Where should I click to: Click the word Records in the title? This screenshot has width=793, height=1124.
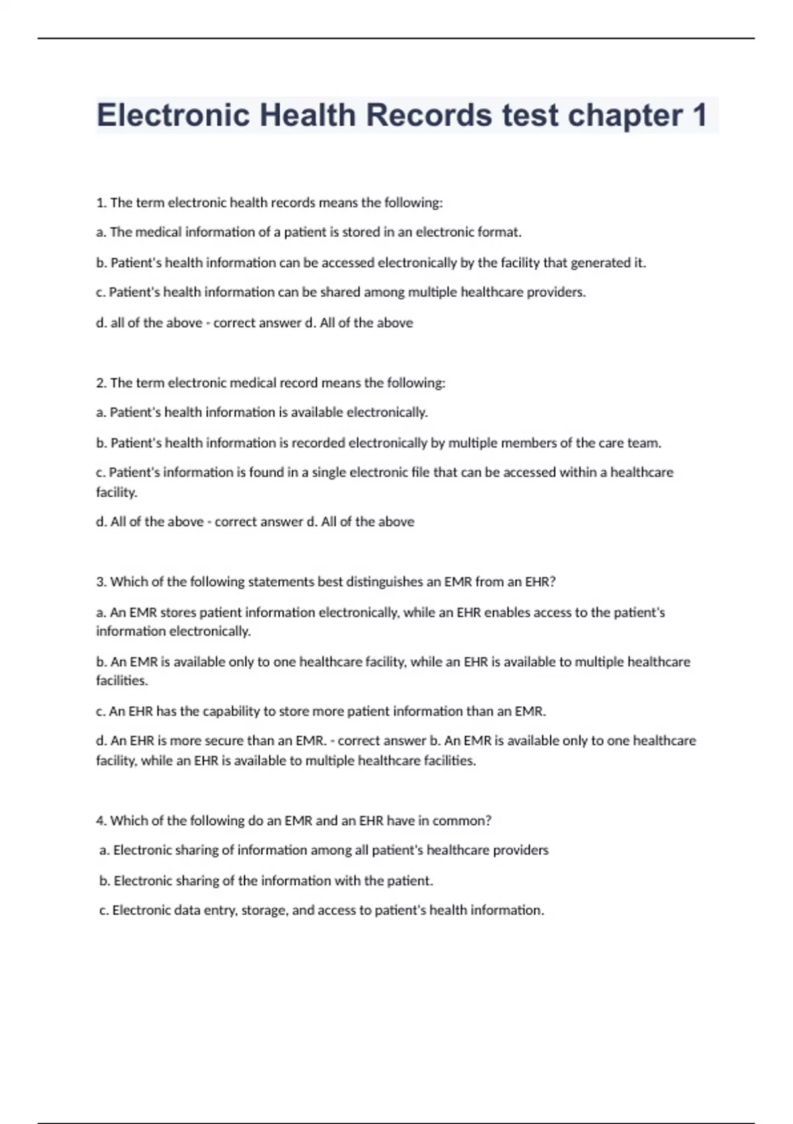click(429, 115)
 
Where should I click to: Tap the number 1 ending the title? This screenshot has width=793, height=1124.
click(699, 115)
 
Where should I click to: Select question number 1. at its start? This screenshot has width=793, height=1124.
click(101, 203)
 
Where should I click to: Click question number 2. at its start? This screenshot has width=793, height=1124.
click(101, 383)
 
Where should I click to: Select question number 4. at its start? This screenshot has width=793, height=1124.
click(101, 821)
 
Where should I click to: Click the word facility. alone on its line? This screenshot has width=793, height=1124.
click(116, 493)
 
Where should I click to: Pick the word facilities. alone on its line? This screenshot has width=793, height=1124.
click(122, 680)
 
